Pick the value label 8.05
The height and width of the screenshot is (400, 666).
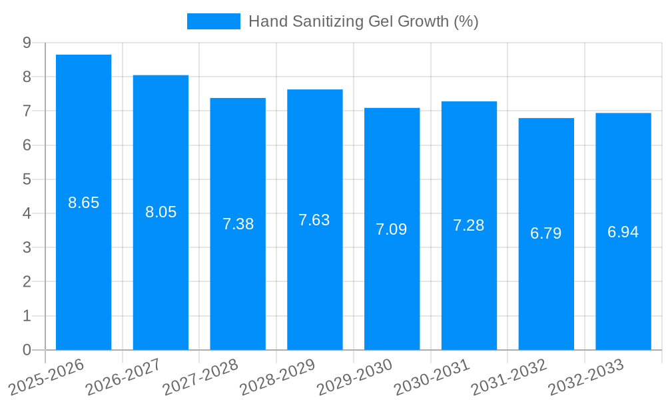pos(161,212)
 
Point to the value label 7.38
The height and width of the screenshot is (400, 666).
pos(238,224)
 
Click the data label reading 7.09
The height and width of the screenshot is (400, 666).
pos(392,229)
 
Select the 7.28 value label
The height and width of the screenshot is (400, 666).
pos(469,225)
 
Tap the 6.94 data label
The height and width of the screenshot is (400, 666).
pos(623,232)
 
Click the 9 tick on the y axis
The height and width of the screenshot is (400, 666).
pos(27,43)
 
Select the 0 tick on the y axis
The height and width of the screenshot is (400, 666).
pos(27,350)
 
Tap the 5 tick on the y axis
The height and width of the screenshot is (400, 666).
pos(27,179)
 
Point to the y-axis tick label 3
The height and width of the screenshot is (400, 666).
pos(27,247)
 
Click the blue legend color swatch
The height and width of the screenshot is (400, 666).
pos(213,21)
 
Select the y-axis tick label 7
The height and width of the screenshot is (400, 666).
pos(27,111)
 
